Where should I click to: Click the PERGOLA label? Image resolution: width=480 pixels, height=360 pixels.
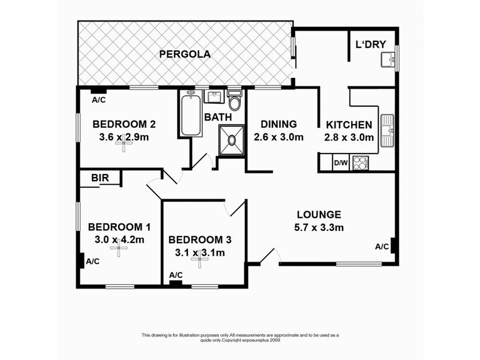185,54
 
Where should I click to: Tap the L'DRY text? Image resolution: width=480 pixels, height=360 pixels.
370,44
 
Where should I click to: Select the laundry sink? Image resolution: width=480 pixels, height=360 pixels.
388,59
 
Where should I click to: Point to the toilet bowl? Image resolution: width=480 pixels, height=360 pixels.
235,101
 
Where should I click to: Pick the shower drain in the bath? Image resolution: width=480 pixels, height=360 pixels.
232,140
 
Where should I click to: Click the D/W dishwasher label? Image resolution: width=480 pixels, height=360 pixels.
341,163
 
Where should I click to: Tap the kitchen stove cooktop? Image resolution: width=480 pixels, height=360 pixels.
361,163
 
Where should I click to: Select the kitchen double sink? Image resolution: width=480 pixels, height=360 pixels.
387,130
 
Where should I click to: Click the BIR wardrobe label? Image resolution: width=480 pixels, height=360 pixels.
100,178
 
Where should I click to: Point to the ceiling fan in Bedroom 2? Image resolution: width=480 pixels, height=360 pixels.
124,143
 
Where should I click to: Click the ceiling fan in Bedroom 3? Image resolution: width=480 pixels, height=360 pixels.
200,259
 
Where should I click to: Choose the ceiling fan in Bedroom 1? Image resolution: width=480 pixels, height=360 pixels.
119,248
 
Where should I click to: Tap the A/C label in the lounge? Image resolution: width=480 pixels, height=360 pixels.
382,247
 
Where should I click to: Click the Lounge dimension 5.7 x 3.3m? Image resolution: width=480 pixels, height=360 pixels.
319,228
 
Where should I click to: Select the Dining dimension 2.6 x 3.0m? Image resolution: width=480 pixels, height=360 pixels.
278,137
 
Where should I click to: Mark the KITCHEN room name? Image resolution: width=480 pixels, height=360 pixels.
349,125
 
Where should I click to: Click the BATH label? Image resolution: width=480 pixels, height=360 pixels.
218,117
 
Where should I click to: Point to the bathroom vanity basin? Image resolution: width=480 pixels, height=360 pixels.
214,97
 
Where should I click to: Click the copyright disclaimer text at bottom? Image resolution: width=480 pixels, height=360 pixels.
240,338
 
